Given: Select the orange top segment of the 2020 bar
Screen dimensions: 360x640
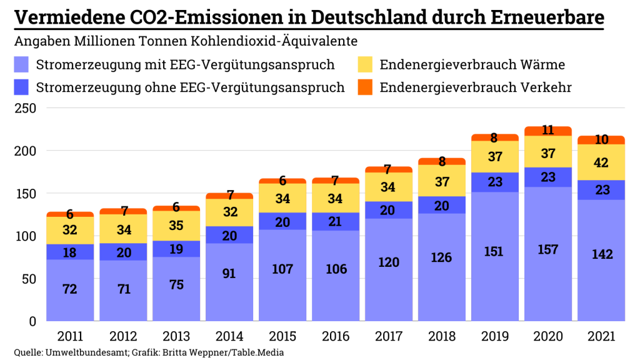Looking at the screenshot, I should [x=548, y=131].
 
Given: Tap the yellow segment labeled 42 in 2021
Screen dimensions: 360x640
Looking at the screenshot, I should [x=602, y=162].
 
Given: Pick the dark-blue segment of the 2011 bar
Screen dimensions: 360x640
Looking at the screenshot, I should [x=69, y=251].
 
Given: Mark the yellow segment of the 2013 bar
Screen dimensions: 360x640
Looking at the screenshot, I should [x=177, y=226].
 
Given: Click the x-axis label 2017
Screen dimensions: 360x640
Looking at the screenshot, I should [x=388, y=336].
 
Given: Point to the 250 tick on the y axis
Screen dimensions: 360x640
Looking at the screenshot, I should [x=24, y=108].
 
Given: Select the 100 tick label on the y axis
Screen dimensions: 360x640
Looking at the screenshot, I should [x=24, y=236].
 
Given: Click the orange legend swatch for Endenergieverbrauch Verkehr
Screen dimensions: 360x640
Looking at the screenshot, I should [x=365, y=87].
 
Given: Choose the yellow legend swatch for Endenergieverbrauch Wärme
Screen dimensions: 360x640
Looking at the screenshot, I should [x=365, y=64].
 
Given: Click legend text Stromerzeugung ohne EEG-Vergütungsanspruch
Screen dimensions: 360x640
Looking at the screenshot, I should [x=191, y=87].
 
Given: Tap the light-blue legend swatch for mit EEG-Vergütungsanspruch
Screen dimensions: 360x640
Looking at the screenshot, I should [x=22, y=64].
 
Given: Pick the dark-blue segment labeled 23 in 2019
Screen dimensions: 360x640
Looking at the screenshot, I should [x=495, y=182].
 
